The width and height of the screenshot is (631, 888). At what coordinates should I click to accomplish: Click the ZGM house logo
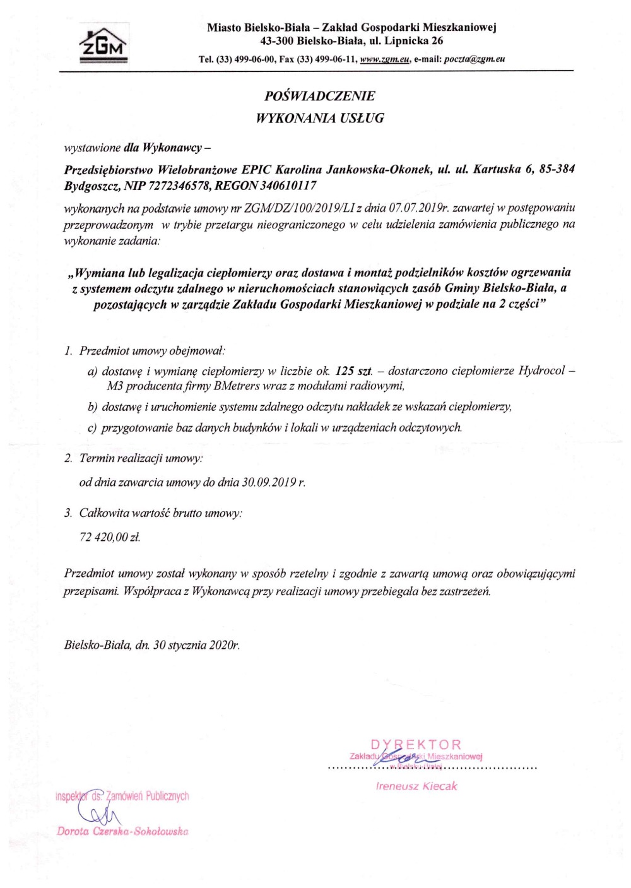point(103,45)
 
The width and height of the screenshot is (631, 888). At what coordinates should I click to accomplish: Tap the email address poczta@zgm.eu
point(475,59)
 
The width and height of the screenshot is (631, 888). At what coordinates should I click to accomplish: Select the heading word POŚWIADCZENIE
point(319,96)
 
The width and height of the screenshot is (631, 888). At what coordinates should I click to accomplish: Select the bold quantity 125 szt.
point(354,371)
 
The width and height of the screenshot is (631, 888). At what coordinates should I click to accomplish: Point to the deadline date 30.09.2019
point(269,483)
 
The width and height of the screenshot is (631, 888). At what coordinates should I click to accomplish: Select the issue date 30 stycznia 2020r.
point(196,645)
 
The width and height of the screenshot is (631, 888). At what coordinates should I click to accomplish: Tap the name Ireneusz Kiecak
point(416,786)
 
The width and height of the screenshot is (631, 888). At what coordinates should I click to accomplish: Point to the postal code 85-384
point(557,170)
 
